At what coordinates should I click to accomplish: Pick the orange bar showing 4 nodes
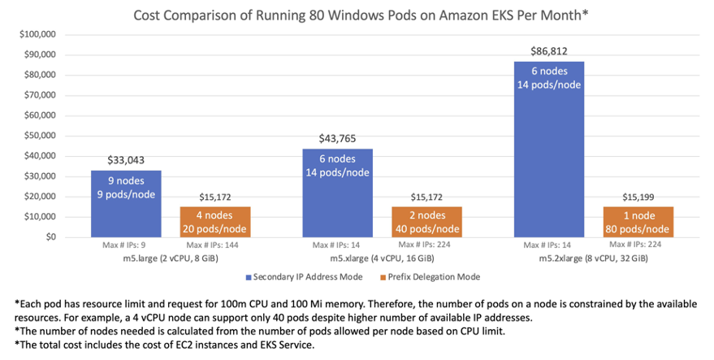[205, 222]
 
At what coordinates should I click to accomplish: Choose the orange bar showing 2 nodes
[417, 222]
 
